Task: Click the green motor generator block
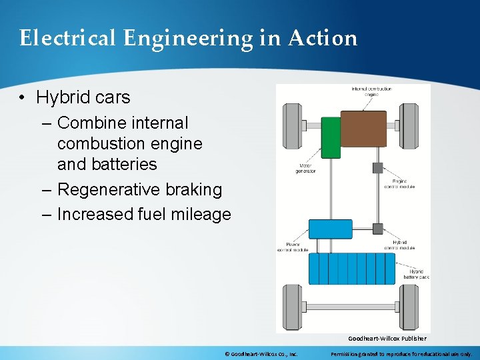(x=331, y=137)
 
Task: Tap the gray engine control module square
(x=377, y=167)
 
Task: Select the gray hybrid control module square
(x=377, y=229)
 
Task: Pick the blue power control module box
(x=330, y=229)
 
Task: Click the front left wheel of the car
(x=292, y=126)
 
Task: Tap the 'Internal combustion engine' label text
(x=372, y=91)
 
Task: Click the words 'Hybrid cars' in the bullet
(x=83, y=97)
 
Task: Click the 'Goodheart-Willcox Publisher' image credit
(x=387, y=339)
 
